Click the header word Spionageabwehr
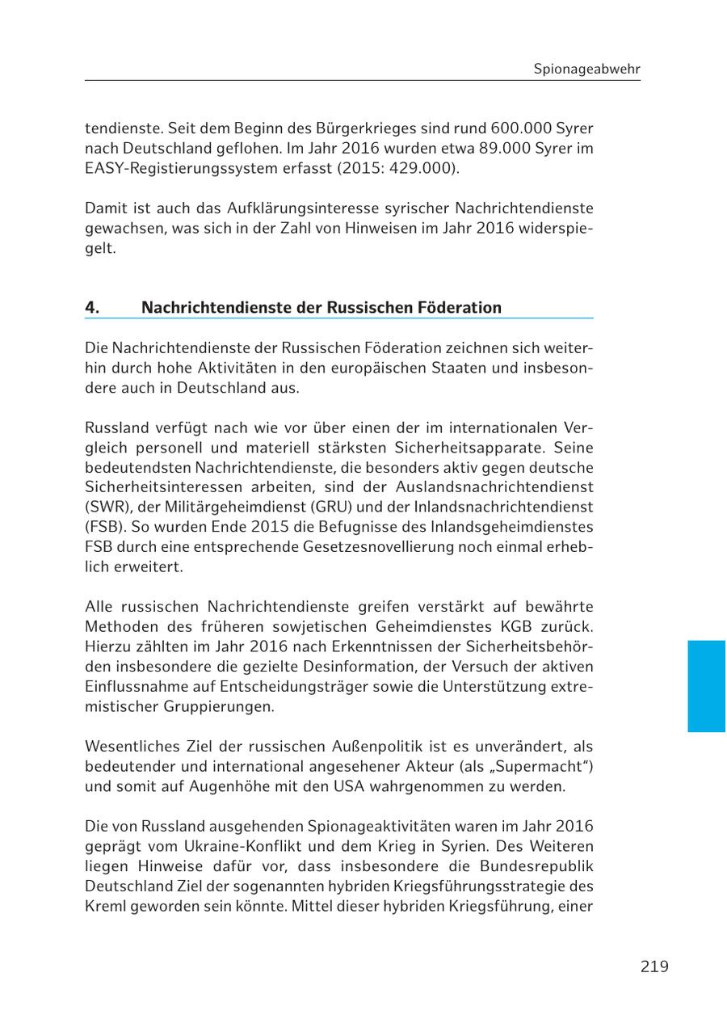click(x=586, y=69)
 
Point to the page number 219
click(x=654, y=966)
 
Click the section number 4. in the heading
click(x=92, y=308)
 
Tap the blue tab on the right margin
click(x=707, y=686)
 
